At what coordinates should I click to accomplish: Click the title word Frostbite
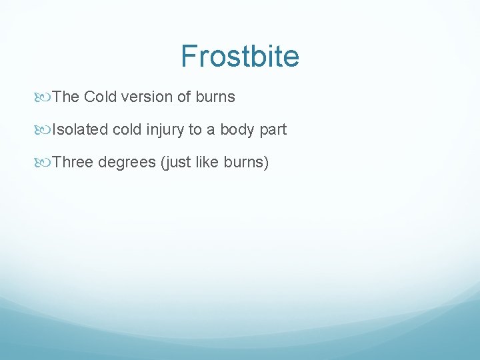point(240,57)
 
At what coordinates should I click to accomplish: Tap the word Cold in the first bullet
point(101,97)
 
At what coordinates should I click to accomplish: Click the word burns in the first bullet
point(215,97)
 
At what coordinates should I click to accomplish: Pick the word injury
point(166,130)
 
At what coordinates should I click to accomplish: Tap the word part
point(273,130)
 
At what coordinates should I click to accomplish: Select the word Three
point(73,163)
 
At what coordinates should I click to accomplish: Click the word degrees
point(127,163)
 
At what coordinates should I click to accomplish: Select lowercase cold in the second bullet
point(127,130)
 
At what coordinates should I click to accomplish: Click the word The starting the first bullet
point(66,97)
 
